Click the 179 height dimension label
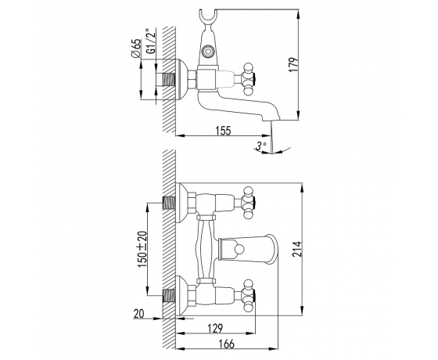(293, 64)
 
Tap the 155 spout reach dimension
(223, 130)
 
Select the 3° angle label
(261, 146)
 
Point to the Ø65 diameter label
(136, 49)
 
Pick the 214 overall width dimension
(297, 249)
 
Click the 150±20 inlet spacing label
(142, 249)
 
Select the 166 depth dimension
(226, 344)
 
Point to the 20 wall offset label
(139, 314)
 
